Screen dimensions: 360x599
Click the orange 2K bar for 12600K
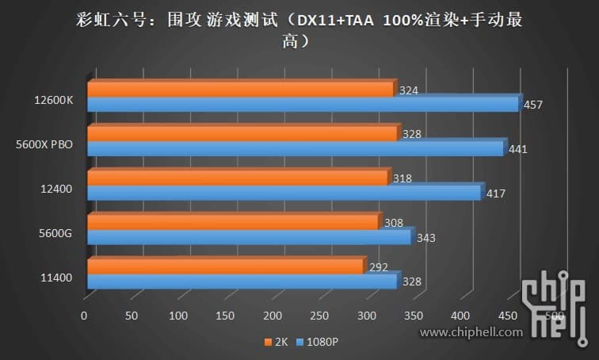click(240, 90)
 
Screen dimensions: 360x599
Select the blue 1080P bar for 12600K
click(303, 104)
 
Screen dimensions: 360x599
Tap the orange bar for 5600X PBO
click(242, 134)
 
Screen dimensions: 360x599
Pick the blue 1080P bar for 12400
click(284, 193)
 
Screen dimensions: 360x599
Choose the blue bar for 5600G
click(249, 237)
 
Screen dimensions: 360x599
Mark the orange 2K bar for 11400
click(225, 266)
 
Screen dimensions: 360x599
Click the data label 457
click(534, 105)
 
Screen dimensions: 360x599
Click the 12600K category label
click(53, 101)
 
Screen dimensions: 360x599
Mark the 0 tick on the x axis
click(84, 316)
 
